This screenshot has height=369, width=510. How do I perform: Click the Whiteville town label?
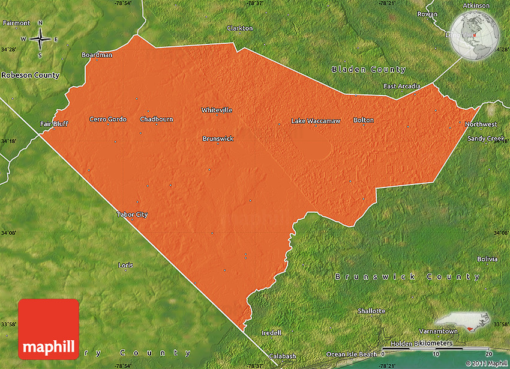click(x=217, y=110)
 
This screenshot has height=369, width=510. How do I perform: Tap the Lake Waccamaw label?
click(x=316, y=121)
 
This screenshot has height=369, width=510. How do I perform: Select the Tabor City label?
click(x=132, y=215)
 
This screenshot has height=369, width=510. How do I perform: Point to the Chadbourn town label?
click(x=157, y=119)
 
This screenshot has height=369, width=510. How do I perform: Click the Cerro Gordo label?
click(x=108, y=119)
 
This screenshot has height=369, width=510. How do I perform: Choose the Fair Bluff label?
click(x=54, y=124)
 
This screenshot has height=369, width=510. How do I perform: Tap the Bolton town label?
click(x=364, y=120)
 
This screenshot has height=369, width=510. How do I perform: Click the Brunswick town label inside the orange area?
click(x=218, y=139)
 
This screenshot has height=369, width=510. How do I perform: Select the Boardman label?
click(x=97, y=55)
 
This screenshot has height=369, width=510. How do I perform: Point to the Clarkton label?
click(x=240, y=28)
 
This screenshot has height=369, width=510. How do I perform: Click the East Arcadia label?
click(x=402, y=86)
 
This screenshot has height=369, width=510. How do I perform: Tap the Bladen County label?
click(x=369, y=70)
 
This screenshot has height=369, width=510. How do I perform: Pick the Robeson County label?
click(x=31, y=75)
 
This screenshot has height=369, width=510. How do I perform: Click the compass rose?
click(x=40, y=39)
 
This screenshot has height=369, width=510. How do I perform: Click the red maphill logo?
click(x=49, y=329)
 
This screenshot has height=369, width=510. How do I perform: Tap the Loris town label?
click(x=126, y=265)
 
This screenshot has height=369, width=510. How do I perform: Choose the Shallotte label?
click(x=371, y=311)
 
